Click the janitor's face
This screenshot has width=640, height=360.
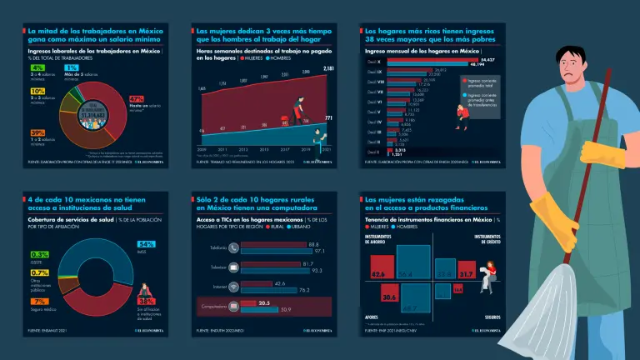pyautogui.click(x=574, y=67)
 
